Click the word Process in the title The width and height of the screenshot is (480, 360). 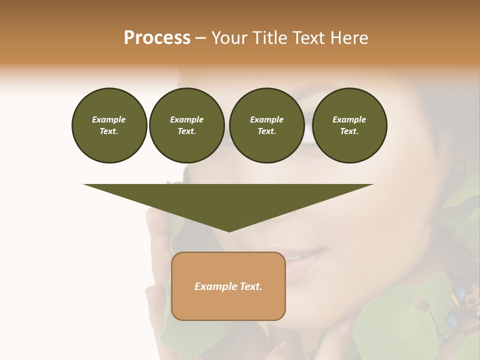[157, 38]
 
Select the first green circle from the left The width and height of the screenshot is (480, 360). [109, 125]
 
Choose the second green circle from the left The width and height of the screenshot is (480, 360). [186, 125]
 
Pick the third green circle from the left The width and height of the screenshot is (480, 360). [266, 125]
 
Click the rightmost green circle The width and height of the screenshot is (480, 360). [349, 125]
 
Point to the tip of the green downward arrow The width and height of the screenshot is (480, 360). [229, 230]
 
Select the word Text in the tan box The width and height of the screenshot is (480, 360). [251, 286]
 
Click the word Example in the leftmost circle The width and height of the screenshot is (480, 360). [109, 119]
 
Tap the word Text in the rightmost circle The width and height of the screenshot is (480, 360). [349, 131]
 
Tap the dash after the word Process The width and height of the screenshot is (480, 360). [200, 38]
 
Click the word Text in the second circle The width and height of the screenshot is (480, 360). [186, 131]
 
